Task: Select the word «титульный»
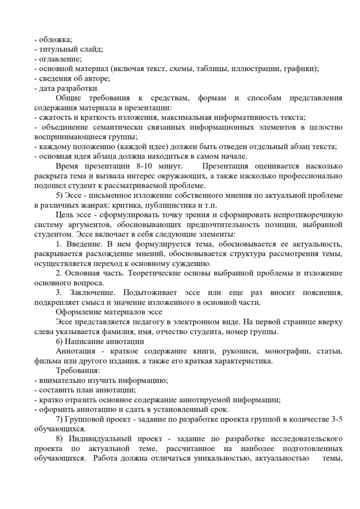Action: [x=58, y=49]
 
